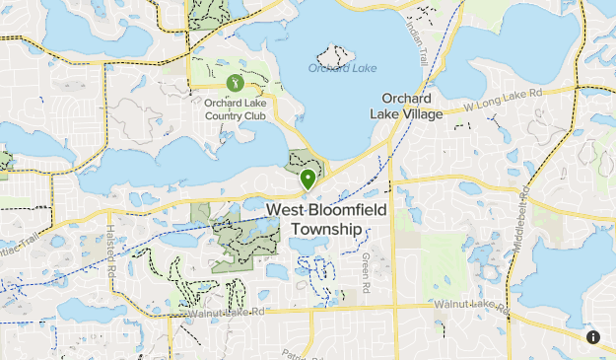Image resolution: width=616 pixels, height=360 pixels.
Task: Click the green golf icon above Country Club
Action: click(x=234, y=83)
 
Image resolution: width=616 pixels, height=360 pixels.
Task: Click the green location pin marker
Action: click(x=308, y=180)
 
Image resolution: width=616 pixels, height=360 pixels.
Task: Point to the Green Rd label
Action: click(x=365, y=264)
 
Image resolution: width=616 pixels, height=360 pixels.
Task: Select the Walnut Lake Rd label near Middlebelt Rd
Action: click(x=472, y=306)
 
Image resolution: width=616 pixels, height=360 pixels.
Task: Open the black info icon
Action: click(x=593, y=337)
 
